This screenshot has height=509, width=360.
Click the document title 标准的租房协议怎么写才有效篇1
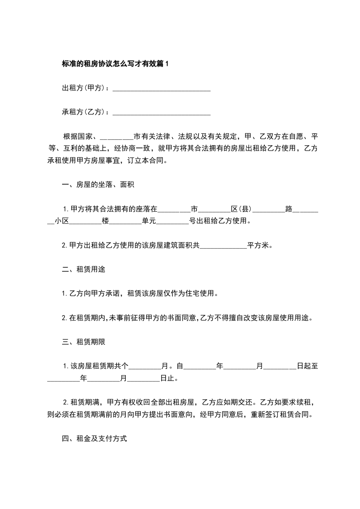115,64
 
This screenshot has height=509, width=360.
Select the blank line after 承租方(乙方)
161,112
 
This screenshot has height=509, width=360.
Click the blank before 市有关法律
116,137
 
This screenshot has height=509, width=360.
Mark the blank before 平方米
223,245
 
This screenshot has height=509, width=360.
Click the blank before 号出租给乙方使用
172,221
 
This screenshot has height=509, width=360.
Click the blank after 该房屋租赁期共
146,367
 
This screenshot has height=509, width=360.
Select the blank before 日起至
280,367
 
